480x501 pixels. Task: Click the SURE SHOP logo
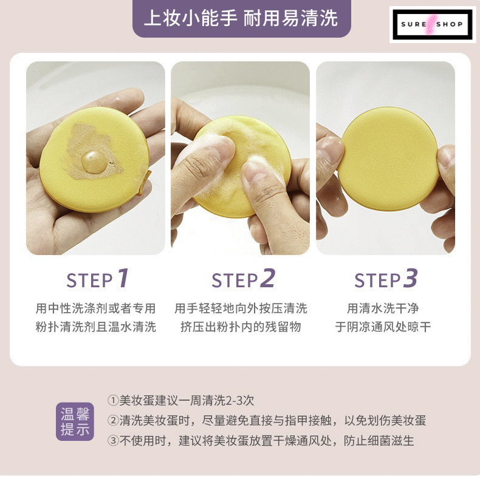[x=433, y=24]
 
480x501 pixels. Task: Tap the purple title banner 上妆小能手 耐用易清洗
[x=241, y=18]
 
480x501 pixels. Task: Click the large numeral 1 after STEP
[x=123, y=278]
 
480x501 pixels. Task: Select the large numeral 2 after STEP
[x=267, y=278]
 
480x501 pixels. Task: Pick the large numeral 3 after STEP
[x=410, y=278]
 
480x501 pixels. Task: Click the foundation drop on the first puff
[x=94, y=162]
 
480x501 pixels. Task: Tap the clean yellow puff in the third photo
[x=388, y=158]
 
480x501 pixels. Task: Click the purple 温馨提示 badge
[x=75, y=421]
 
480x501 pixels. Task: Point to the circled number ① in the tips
[x=113, y=400]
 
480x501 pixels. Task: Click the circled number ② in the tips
[x=113, y=420]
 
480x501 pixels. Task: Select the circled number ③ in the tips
[x=113, y=441]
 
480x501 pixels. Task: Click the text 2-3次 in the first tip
[x=240, y=400]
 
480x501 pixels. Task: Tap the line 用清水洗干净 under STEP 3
[x=383, y=308]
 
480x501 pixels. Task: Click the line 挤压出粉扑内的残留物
[x=241, y=327]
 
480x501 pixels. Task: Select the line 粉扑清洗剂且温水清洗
[x=95, y=327]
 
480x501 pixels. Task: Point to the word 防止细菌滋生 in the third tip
[x=379, y=441]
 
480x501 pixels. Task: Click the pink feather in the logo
[x=432, y=24]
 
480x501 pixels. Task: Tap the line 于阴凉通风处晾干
[x=383, y=327]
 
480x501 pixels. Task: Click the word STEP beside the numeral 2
[x=235, y=281]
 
